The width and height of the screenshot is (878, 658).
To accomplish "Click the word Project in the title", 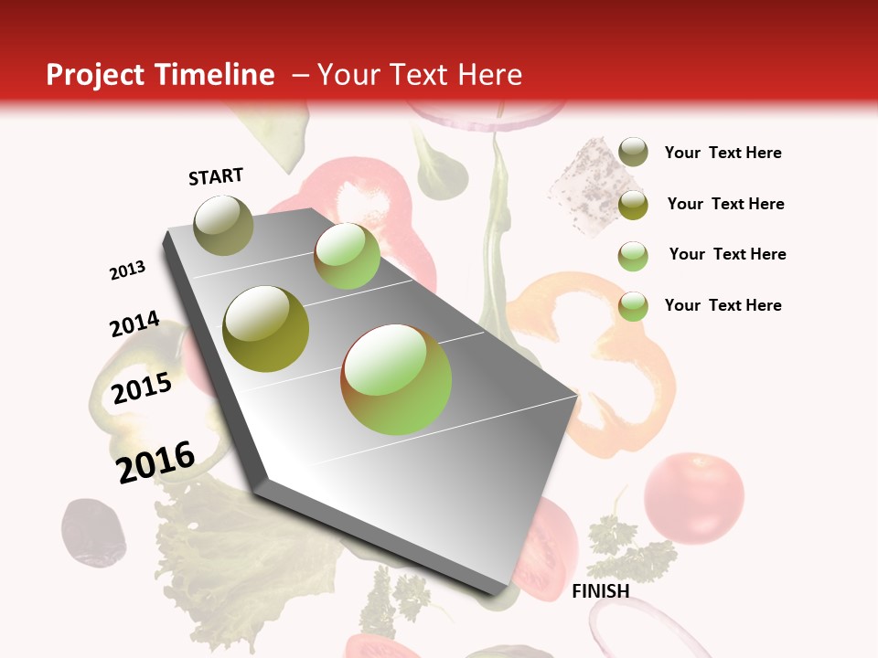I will point(95,76).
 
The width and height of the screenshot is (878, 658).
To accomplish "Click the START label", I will point(216,176).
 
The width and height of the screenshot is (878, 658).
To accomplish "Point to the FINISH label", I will point(600,591).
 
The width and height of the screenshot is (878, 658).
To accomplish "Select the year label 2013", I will point(128,271).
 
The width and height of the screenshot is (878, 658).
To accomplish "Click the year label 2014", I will point(134,324).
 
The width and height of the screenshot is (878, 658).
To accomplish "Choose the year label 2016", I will point(156,462).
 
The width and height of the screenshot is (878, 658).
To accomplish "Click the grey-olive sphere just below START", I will point(224,224).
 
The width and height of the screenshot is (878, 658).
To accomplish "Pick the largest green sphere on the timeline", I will point(396,378).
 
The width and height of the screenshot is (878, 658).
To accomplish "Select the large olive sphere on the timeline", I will point(266,328).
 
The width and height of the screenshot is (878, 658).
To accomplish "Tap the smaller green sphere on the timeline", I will point(347,255).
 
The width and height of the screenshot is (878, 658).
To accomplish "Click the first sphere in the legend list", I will point(633,153).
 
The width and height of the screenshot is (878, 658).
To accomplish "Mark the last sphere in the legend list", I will point(633,305).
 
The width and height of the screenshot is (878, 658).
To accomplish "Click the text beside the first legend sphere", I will point(723,153).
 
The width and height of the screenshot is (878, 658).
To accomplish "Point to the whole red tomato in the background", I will point(693,497).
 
